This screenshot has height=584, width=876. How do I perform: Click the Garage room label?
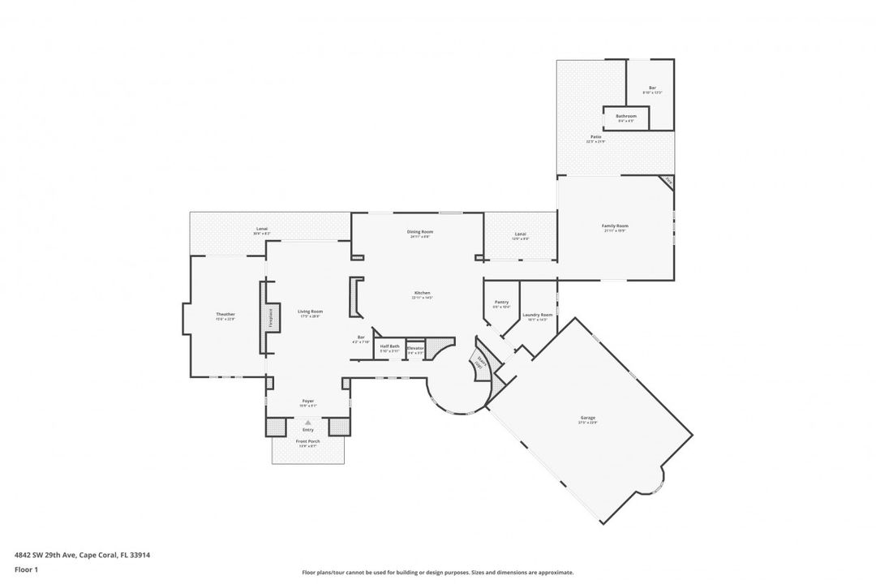[587, 418]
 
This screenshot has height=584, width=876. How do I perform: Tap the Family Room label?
[615, 225]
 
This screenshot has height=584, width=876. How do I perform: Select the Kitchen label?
[422, 293]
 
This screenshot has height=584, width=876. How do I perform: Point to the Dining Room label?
[420, 232]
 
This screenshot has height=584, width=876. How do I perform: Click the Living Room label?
[310, 311]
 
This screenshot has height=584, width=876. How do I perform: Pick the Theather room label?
[225, 314]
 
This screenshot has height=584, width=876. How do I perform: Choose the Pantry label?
[501, 302]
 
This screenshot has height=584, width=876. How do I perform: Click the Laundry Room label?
[537, 315]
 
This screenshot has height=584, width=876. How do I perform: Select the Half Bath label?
[390, 346]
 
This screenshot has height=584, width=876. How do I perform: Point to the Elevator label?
[415, 347]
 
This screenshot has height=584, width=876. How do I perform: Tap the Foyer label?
[308, 401]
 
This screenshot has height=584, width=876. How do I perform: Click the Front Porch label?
[308, 441]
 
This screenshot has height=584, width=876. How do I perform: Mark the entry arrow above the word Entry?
[308, 422]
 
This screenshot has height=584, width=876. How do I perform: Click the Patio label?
[595, 137]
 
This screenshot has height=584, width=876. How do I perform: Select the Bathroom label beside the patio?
[625, 116]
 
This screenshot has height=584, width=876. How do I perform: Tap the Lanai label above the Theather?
[262, 229]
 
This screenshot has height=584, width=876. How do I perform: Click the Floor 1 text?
[26, 569]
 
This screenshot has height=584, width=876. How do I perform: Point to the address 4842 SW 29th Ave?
[82, 556]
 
